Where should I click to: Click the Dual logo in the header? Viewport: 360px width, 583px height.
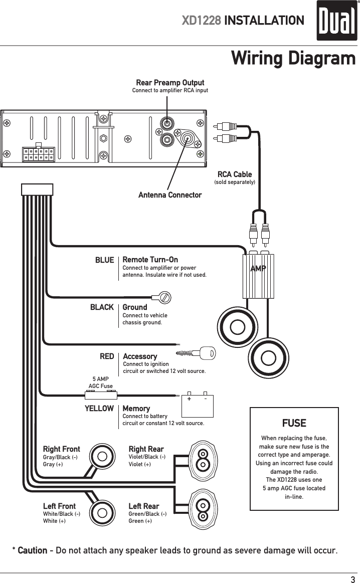[336, 21]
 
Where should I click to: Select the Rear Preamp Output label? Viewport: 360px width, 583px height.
[170, 82]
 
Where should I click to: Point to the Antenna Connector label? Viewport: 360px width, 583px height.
[170, 195]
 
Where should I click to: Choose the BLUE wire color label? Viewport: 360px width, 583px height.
[104, 260]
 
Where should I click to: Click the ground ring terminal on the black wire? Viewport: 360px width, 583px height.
[164, 297]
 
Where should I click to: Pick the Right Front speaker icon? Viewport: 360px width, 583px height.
[102, 457]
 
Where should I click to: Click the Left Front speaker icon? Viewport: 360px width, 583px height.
[102, 513]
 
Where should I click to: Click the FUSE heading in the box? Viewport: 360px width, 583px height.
[294, 423]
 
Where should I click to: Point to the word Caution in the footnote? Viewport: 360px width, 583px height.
[33, 551]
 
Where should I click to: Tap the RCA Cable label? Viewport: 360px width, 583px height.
[235, 174]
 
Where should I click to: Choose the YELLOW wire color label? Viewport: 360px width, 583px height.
[99, 409]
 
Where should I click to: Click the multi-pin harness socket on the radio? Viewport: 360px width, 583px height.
[38, 154]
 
